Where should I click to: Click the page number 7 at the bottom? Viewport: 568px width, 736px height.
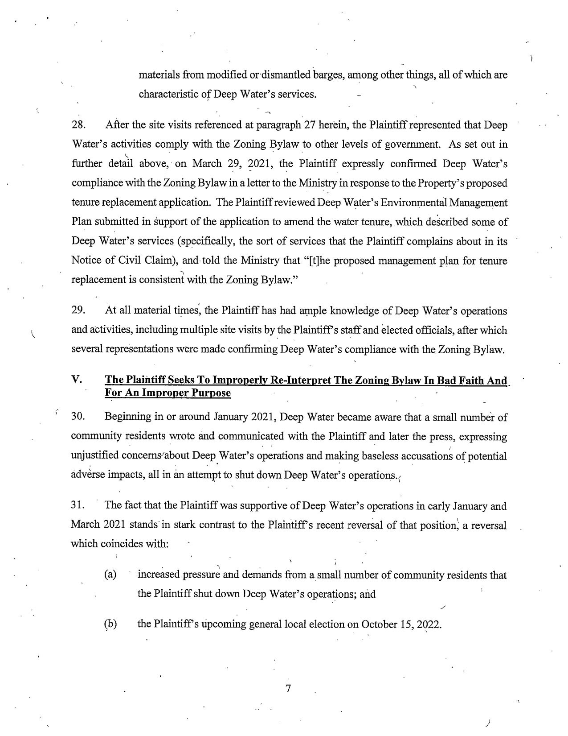tap(288, 689)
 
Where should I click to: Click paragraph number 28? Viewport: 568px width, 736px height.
tap(78, 125)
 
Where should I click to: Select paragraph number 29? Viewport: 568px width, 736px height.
tap(78, 310)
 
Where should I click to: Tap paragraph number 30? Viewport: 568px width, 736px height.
tap(78, 418)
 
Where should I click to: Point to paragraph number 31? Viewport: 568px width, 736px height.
tap(78, 506)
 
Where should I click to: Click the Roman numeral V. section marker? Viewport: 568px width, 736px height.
tap(76, 380)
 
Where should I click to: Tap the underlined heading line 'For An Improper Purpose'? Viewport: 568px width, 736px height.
tap(168, 393)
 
